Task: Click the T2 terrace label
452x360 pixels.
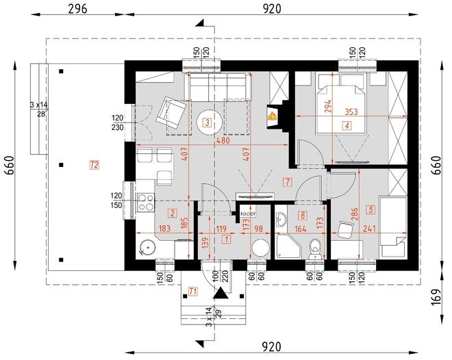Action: pyautogui.click(x=94, y=164)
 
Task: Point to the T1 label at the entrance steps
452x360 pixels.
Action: pyautogui.click(x=192, y=292)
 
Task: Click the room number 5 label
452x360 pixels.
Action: pyautogui.click(x=371, y=209)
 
